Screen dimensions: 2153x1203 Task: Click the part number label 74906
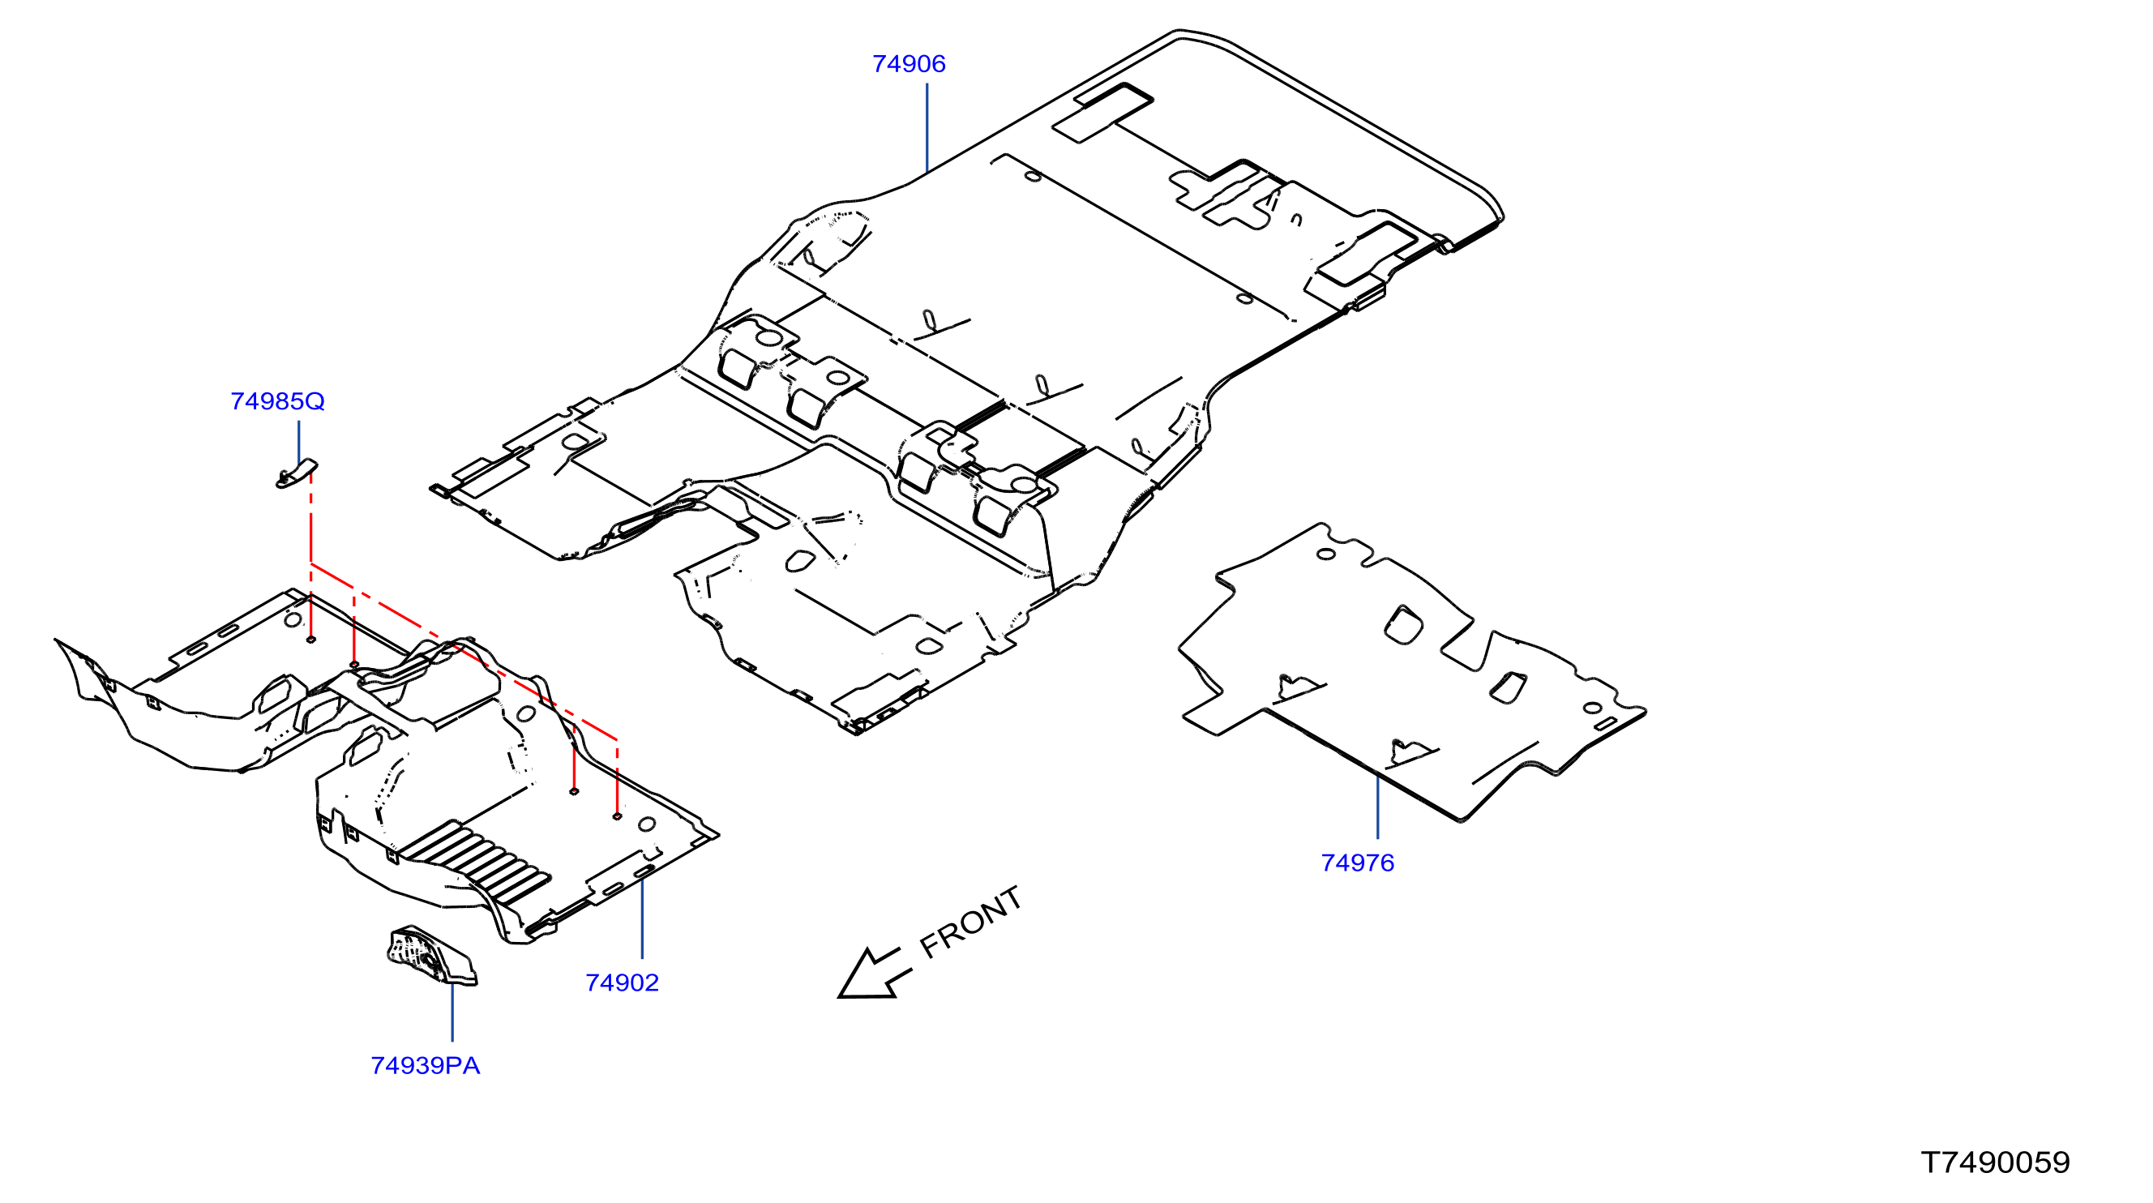click(909, 64)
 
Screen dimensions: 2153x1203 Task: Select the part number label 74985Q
click(277, 402)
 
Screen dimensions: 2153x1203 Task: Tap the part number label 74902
click(622, 983)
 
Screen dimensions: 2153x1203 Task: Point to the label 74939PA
click(426, 1066)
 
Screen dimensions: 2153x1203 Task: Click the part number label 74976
click(1357, 863)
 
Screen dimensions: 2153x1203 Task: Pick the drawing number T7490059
click(1995, 1162)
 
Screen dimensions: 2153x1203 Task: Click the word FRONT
click(970, 921)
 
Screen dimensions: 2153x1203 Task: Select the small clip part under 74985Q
click(297, 474)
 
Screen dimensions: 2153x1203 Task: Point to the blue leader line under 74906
click(927, 128)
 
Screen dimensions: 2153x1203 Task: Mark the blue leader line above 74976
click(1377, 806)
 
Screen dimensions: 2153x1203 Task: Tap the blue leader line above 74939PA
click(452, 1012)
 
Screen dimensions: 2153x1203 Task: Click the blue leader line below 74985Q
click(299, 443)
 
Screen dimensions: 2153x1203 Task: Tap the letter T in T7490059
click(1931, 1162)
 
